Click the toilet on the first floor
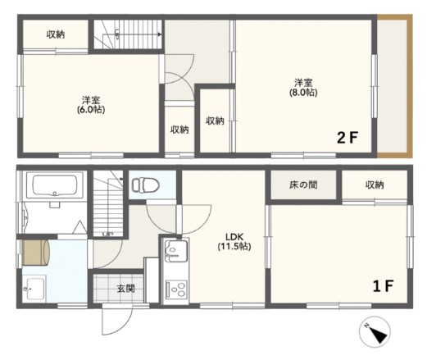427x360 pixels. click(x=145, y=185)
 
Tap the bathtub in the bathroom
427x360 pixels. click(x=55, y=185)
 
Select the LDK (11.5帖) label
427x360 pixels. click(x=234, y=241)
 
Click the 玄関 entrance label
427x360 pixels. click(x=125, y=289)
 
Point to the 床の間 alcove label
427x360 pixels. click(x=303, y=185)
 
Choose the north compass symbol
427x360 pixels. click(x=375, y=332)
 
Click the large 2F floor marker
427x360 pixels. click(x=348, y=138)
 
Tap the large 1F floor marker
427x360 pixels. click(x=383, y=285)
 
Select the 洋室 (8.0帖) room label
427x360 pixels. click(x=303, y=88)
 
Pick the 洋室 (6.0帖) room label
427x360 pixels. click(x=91, y=104)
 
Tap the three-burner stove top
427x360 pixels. click(x=176, y=289)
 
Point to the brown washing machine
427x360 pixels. click(x=36, y=253)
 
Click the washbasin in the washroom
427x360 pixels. click(x=34, y=289)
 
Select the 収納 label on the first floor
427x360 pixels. click(x=375, y=185)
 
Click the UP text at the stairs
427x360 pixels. click(x=107, y=234)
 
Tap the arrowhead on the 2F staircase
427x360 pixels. click(x=160, y=34)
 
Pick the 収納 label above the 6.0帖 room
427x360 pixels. click(x=56, y=34)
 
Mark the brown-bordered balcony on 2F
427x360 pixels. click(x=394, y=86)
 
